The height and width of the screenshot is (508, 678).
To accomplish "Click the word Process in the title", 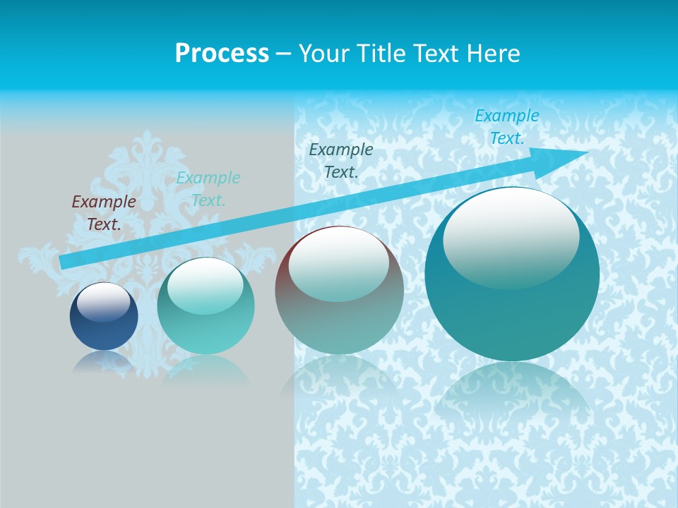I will coord(222,54).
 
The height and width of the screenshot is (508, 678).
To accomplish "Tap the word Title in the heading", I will coord(386,54).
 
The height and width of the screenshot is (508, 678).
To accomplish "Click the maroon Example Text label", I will coord(104,212).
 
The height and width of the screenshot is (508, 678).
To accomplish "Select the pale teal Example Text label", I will coord(208,188).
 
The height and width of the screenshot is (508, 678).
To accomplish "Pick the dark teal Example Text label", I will coord(341,160).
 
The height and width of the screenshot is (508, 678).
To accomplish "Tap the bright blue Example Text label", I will coord(506,126).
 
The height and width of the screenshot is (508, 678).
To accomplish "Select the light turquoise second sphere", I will coord(206,332).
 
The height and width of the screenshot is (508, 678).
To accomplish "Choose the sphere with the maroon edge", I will coord(339,317).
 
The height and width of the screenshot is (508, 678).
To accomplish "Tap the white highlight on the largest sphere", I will coord(511,236).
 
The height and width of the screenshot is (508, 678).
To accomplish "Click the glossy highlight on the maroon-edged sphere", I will coord(338,262).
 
